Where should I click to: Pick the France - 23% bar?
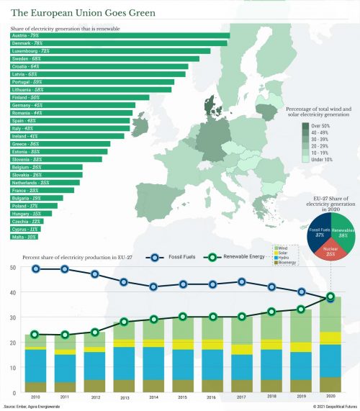point(36,190)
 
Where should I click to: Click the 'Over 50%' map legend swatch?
point(305,126)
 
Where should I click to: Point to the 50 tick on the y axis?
point(12,268)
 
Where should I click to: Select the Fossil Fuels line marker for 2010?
point(35,269)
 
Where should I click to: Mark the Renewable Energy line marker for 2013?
point(124,322)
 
